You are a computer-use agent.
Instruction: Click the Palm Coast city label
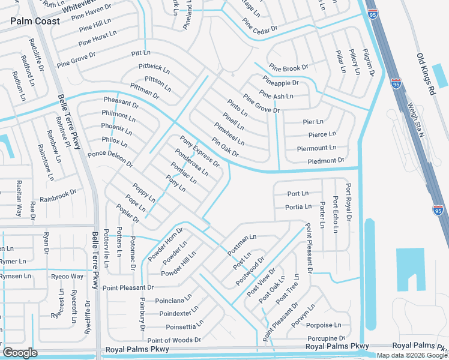click(x=35, y=21)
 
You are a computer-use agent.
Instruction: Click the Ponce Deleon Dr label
click(x=110, y=159)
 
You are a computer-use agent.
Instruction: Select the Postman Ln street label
click(x=243, y=245)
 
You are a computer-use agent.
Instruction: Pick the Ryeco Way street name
click(x=67, y=277)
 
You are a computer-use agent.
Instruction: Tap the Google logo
click(x=20, y=353)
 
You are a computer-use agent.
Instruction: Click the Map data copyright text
click(x=412, y=355)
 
